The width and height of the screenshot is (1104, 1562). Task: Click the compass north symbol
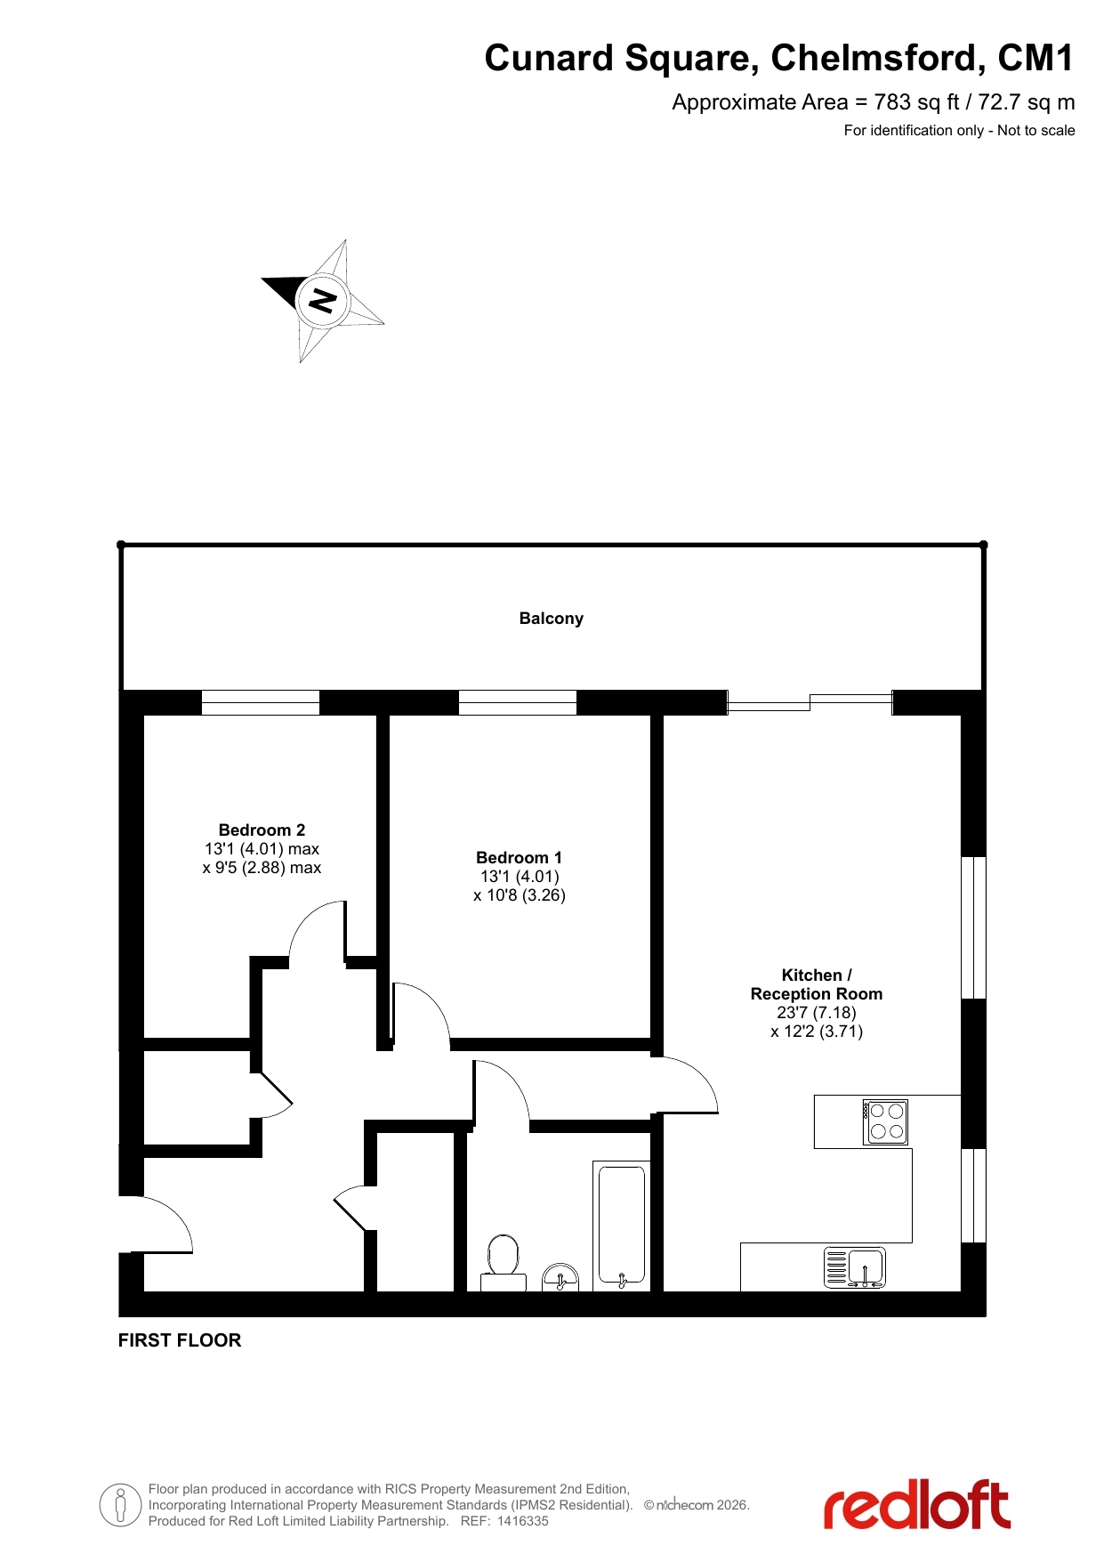coord(322,301)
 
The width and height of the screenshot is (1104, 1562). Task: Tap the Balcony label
coord(552,619)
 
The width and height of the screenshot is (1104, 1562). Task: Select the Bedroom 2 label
coord(262,830)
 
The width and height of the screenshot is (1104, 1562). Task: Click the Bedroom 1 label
coord(520,858)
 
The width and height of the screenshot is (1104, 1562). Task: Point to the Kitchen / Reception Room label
coord(817,984)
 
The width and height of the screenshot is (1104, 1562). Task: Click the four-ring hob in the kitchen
coord(886,1121)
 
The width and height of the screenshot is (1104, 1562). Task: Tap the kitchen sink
coord(855,1267)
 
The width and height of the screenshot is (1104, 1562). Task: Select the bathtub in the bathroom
coord(622,1226)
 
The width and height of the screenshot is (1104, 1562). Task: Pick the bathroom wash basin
coord(560,1277)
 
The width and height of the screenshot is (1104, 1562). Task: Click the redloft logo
coord(917,1504)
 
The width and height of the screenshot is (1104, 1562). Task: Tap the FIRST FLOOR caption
coord(180,1340)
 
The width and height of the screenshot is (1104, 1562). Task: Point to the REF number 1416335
coord(522,1521)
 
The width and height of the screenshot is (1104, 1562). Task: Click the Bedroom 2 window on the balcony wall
coord(261,702)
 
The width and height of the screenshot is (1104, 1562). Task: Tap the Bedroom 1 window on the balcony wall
coord(518,702)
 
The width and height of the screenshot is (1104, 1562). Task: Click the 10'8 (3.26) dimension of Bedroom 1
coord(520,895)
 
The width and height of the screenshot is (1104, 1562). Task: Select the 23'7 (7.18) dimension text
coord(817,1013)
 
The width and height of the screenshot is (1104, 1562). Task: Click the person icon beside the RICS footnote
coord(120,1505)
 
